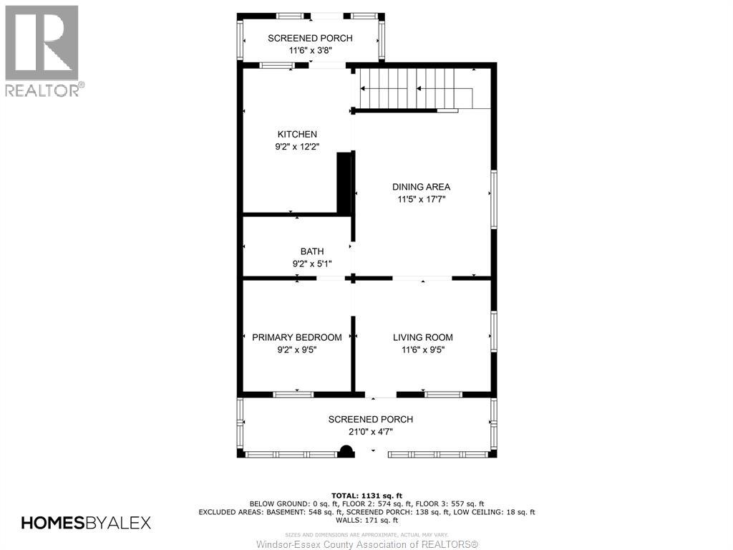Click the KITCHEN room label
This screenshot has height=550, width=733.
click(x=297, y=134)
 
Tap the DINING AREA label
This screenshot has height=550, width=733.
click(x=421, y=187)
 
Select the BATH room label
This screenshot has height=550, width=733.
click(x=311, y=251)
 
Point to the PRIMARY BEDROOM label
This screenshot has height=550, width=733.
click(x=297, y=337)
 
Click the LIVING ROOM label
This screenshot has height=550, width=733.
click(x=422, y=337)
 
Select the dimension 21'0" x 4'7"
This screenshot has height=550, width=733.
click(x=370, y=432)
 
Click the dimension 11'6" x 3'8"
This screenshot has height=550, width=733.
click(x=310, y=51)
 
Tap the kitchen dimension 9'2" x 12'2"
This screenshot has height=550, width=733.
click(x=297, y=147)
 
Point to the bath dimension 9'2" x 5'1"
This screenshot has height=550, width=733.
click(x=311, y=264)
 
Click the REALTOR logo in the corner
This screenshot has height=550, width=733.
click(x=42, y=51)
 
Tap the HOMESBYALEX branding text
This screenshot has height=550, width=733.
click(x=86, y=523)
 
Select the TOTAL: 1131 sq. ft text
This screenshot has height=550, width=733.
click(x=366, y=495)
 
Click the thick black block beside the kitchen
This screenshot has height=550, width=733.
click(x=344, y=183)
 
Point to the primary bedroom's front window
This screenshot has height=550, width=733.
click(x=293, y=394)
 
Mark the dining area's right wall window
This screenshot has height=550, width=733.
click(x=493, y=200)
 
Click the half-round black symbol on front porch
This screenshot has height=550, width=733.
click(x=346, y=451)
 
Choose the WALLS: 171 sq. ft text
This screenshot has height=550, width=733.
click(x=366, y=521)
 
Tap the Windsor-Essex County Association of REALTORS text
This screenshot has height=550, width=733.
click(x=366, y=544)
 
